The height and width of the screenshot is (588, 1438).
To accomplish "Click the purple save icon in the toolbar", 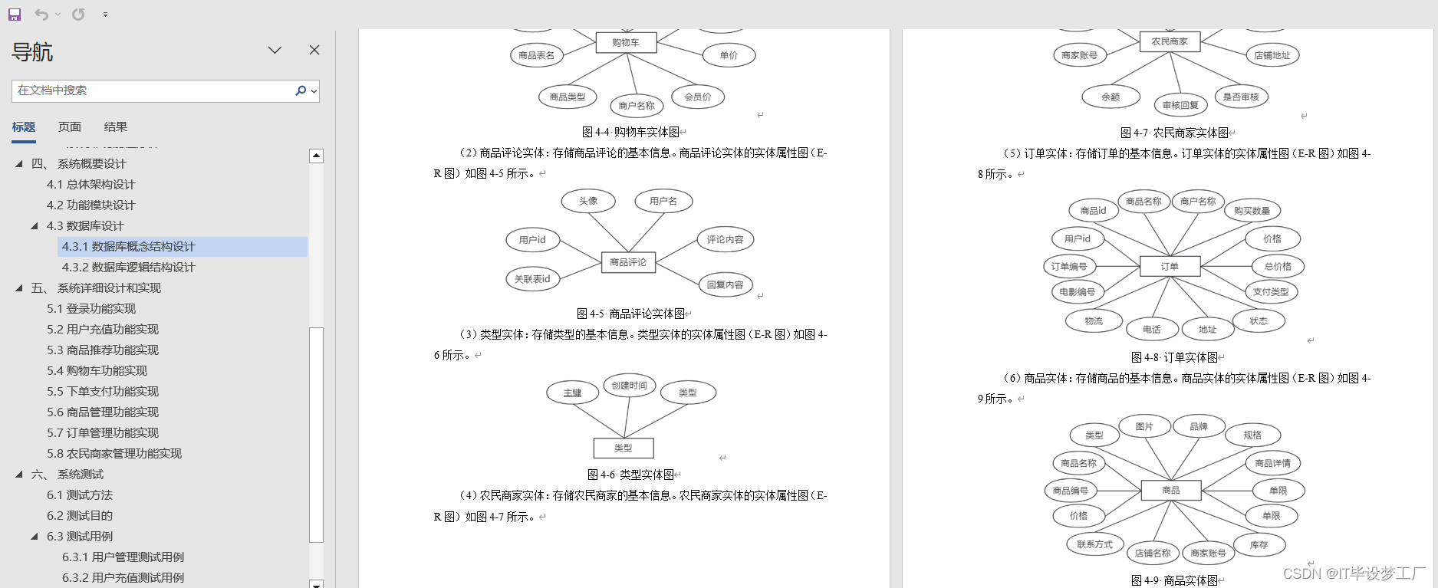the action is pos(15,14).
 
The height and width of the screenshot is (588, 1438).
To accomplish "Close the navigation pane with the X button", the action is pos(314,50).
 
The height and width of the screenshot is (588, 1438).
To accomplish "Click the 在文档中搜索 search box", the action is pos(153,90).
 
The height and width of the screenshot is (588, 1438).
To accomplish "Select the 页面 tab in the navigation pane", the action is pos(70,127).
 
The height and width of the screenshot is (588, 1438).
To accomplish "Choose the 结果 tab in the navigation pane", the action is pos(116,127).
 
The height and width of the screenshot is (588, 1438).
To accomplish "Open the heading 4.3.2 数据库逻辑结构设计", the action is pos(128,267).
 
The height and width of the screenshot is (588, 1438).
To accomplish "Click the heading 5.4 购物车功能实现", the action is pos(97,370).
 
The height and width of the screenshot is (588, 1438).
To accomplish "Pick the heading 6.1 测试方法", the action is pos(80,494).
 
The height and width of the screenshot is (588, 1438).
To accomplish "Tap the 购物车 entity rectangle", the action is pos(626,43).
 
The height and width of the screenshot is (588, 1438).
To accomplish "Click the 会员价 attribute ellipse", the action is pos(697,97).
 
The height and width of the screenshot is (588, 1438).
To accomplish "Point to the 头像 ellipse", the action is pos(588,201).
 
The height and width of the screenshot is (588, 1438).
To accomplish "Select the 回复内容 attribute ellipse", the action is pos(725,284).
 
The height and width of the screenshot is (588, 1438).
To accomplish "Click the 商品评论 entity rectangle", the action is pos(627,262).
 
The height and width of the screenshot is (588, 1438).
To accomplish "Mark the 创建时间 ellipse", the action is pos(629,385).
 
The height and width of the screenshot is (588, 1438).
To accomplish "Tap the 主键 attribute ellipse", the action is pos(573,393).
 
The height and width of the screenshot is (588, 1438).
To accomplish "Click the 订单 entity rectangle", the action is pos(1170,266).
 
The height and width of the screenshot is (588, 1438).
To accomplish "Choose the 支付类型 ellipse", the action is pos(1271,291).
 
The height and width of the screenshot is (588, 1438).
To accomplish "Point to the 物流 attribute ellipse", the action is pos(1094,321).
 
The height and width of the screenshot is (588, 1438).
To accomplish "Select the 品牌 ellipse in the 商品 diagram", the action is pos(1199,426).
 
